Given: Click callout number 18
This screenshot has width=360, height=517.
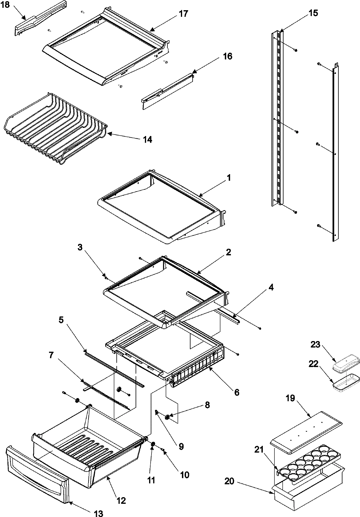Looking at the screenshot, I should (x=5, y=5).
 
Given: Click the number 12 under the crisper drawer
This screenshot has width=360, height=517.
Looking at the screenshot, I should (x=121, y=500).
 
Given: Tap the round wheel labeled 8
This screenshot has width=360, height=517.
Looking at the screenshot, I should (x=167, y=417).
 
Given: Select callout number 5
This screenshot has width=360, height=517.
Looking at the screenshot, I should (x=61, y=320).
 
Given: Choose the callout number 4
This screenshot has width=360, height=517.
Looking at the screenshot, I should (x=271, y=287).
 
